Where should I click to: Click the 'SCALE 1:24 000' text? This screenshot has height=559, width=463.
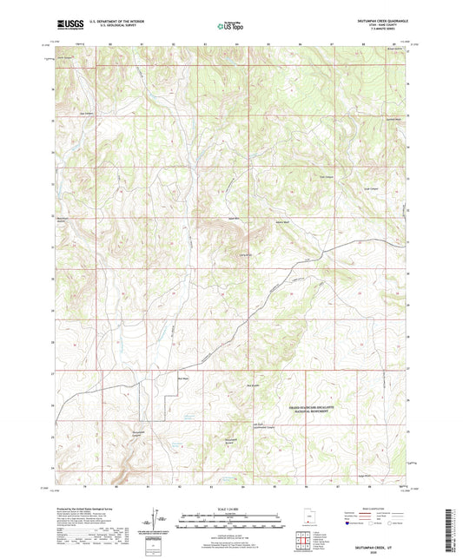[230, 509]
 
